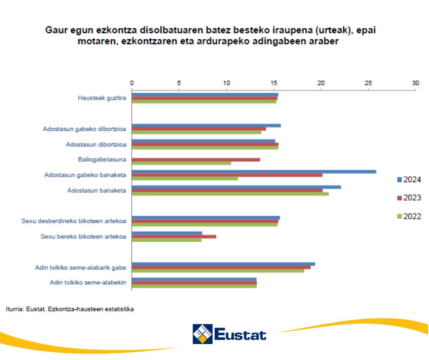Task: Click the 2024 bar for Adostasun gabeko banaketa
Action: click(x=254, y=172)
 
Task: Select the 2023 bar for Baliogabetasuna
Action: click(x=196, y=160)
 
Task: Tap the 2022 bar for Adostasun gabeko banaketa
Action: click(x=185, y=178)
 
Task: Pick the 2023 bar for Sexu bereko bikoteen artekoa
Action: click(x=174, y=237)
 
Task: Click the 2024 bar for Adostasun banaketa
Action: click(x=236, y=187)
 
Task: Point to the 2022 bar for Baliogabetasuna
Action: click(x=181, y=163)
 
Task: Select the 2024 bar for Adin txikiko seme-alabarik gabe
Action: click(x=223, y=264)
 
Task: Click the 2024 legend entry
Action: click(x=409, y=180)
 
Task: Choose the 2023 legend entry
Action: click(x=409, y=198)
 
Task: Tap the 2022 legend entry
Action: click(x=409, y=216)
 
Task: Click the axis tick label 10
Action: click(x=226, y=83)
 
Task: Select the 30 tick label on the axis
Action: click(x=415, y=83)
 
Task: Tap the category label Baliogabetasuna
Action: click(x=102, y=160)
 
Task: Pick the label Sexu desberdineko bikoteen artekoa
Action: click(x=74, y=221)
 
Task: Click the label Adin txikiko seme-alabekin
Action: click(x=88, y=282)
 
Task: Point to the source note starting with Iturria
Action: click(x=70, y=309)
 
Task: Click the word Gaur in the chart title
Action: click(x=55, y=31)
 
